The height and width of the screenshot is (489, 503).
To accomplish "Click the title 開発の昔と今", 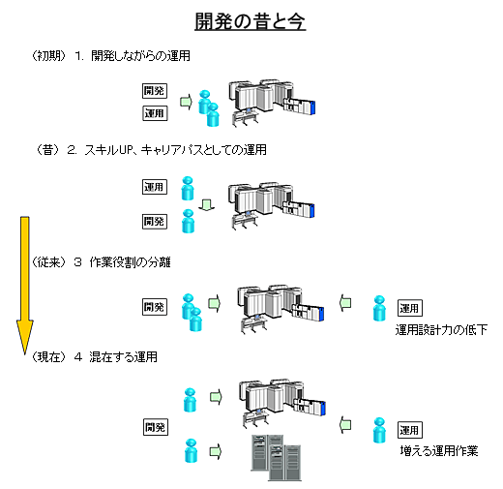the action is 250,22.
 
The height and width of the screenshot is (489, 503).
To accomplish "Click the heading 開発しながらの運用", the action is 140,56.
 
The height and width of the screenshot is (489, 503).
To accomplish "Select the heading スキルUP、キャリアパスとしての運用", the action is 176,150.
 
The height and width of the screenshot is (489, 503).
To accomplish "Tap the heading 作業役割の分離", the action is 130,262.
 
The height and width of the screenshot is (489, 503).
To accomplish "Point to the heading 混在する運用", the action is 123,357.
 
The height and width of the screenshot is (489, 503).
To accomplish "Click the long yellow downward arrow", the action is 25,286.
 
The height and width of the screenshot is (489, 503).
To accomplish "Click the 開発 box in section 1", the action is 155,91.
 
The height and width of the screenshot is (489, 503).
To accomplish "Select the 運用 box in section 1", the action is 155,113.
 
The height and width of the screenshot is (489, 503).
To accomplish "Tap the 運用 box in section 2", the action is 155,187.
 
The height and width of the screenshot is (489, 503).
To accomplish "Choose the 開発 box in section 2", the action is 155,222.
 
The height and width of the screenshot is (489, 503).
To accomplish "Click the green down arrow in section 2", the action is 206,205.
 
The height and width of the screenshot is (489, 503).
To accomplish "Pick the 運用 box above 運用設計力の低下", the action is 410,308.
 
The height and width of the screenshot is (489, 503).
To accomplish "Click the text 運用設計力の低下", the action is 441,330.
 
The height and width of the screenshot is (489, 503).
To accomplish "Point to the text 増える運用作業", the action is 439,450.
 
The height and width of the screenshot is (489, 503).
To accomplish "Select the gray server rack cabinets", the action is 277,458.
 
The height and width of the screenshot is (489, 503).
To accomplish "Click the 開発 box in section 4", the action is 156,427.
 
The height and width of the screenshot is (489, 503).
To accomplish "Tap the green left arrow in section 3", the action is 345,303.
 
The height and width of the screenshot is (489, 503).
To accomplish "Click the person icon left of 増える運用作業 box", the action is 379,430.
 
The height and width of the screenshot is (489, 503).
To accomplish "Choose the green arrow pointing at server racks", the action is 216,451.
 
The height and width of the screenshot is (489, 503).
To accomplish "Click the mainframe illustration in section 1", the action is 273,102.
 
